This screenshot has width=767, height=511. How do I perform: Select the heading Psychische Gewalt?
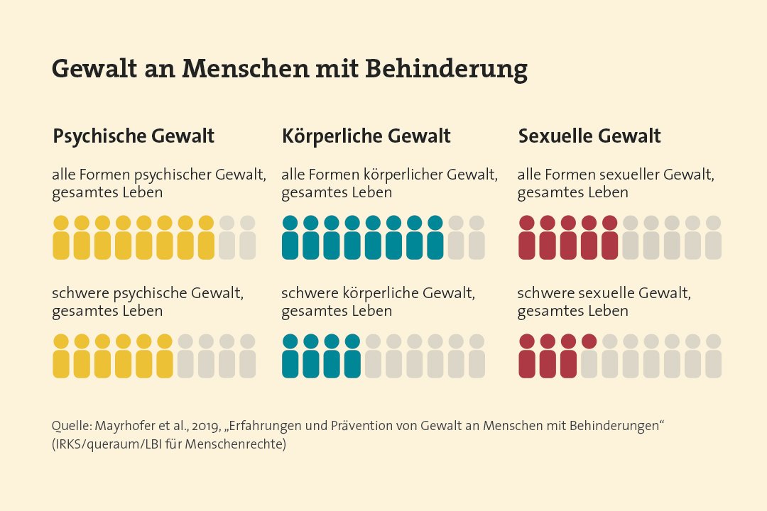tap(134, 136)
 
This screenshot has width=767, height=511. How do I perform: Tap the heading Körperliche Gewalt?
tap(366, 136)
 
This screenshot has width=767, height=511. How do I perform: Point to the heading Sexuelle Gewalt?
tap(589, 136)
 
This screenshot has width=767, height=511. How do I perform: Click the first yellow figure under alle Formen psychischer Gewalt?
tap(61, 238)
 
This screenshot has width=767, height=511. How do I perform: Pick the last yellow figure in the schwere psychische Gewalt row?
tap(164, 356)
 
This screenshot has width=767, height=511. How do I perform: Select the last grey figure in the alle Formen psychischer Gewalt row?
tap(247, 238)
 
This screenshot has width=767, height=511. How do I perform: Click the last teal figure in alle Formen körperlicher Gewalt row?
tap(435, 238)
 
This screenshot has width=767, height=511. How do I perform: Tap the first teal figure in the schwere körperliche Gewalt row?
tap(290, 356)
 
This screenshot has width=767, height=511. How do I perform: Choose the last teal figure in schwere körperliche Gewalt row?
tap(352, 356)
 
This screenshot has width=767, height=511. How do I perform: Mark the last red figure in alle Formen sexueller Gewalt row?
tap(610, 238)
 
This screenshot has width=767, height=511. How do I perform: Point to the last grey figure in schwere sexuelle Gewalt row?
tap(713, 356)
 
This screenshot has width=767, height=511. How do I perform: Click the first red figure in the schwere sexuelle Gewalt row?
tap(527, 356)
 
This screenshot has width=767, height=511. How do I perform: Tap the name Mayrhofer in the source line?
tap(116, 427)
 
